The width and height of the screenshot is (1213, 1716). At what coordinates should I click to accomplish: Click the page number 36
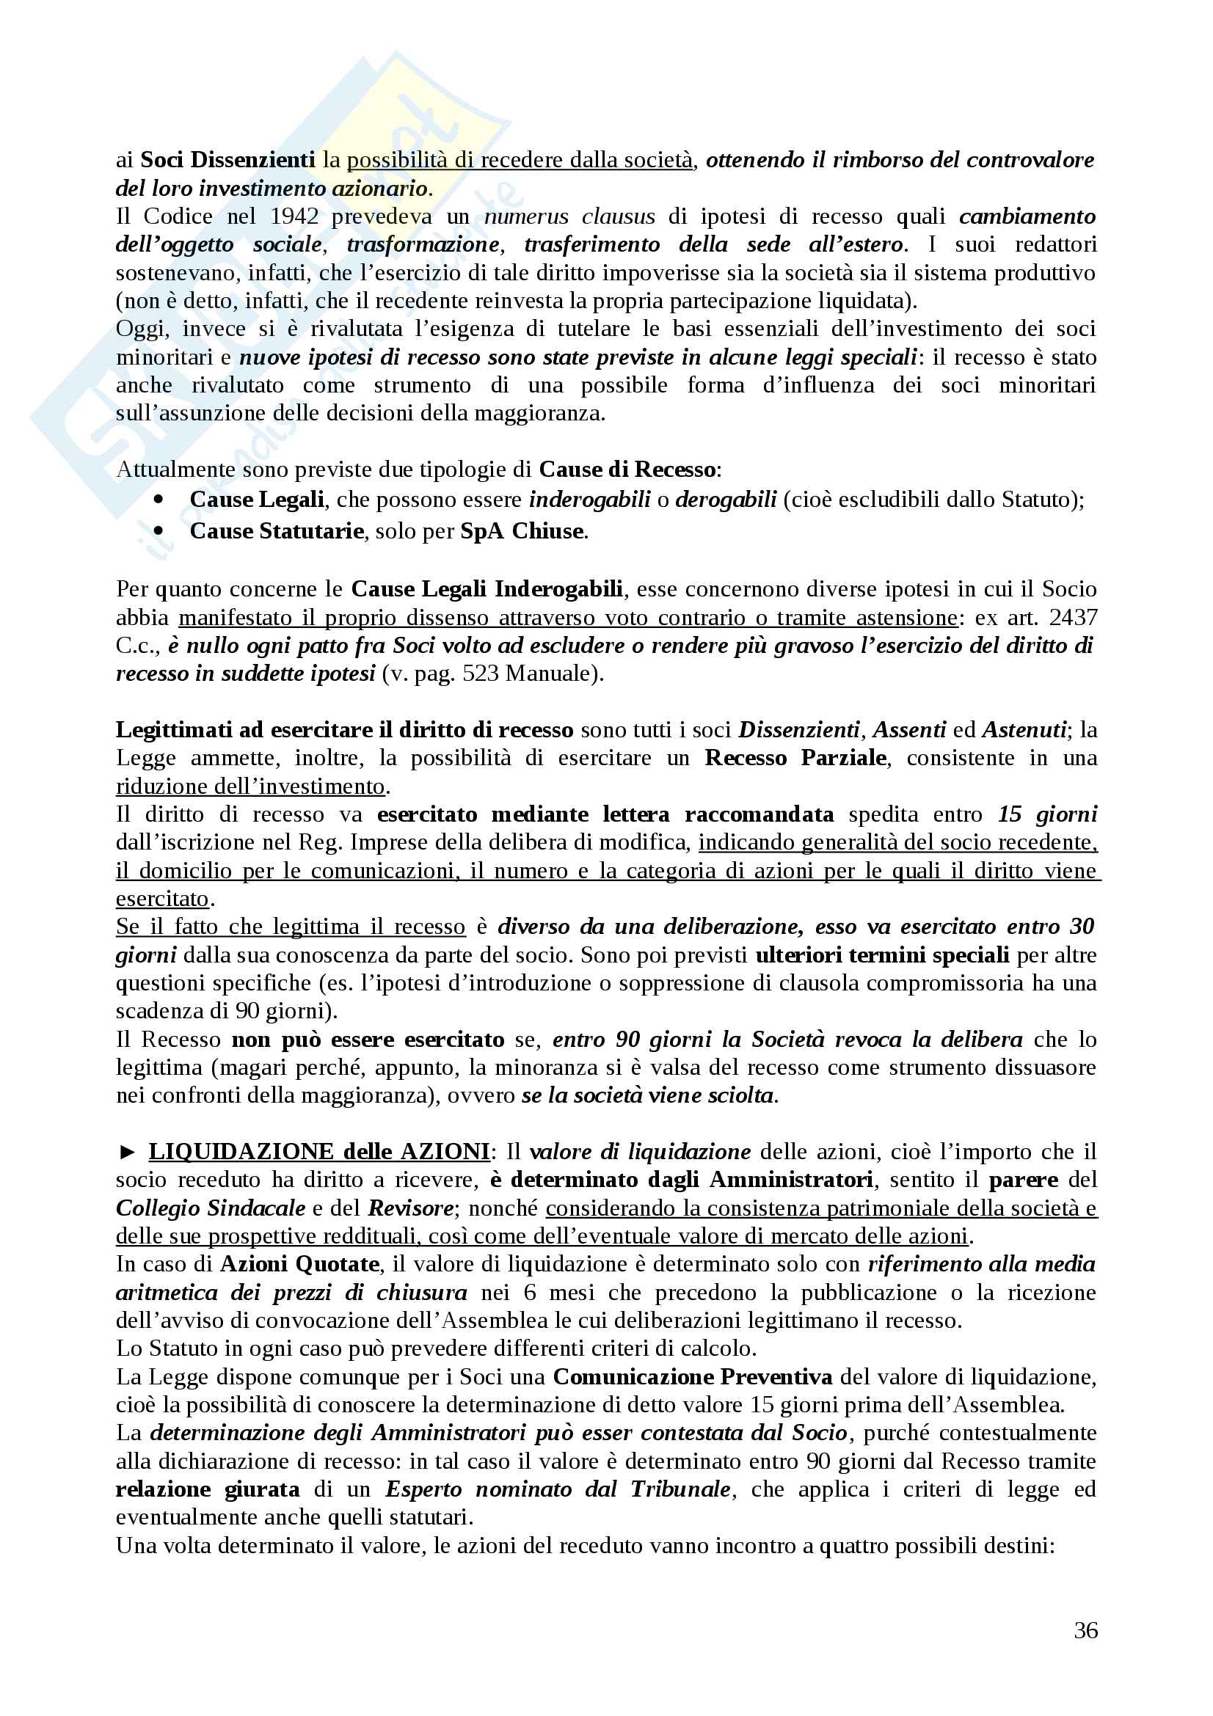click(1085, 1630)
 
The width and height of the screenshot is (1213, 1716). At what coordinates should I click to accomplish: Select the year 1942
click(294, 216)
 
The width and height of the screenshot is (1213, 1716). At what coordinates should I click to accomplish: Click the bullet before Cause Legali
click(159, 500)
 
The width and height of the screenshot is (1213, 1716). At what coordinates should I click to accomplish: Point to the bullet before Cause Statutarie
click(159, 530)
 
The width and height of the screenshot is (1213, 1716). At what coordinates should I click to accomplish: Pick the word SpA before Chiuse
click(481, 530)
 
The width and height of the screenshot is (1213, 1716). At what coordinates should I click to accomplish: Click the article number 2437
click(1074, 617)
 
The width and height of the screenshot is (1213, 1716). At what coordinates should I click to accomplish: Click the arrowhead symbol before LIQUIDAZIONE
click(127, 1152)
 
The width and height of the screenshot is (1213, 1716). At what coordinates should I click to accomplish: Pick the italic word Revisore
click(410, 1208)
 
